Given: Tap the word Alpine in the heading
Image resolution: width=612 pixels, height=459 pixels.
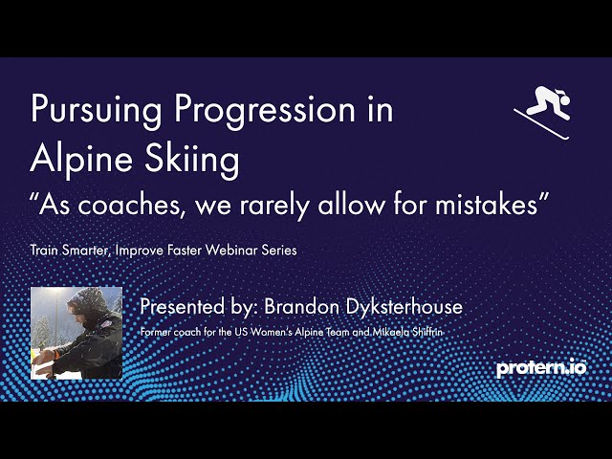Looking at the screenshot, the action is (81, 161).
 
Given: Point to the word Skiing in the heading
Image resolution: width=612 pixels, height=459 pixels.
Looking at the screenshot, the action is (192, 161).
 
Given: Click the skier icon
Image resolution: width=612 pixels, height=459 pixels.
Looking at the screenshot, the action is (543, 112).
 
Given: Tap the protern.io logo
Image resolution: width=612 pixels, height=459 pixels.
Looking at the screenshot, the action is (541, 368).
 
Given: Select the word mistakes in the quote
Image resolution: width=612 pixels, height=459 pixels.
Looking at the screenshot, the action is (487, 204).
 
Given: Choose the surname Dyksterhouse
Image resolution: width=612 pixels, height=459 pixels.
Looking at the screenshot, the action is (404, 307).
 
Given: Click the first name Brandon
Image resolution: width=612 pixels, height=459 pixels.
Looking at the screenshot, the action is (302, 307).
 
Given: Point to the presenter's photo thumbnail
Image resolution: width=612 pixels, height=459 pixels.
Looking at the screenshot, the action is (76, 333).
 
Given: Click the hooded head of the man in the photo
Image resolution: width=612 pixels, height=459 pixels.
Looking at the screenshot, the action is (87, 305).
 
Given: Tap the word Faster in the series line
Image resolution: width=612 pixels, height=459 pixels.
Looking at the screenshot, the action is (185, 250).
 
